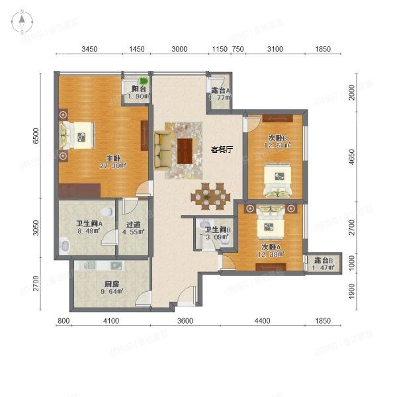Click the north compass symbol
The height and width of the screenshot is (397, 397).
22,22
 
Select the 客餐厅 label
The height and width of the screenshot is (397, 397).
223,149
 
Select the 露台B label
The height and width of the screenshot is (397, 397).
323,260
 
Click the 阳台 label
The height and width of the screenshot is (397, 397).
139,89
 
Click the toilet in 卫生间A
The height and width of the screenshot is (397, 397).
64,245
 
